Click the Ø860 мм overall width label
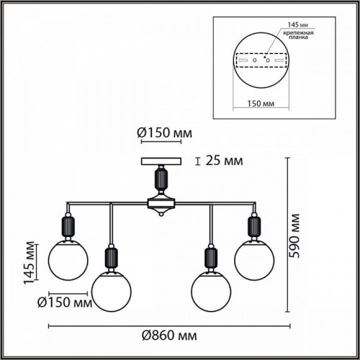[169, 335]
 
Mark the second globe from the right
[211, 288]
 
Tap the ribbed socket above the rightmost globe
[254, 225]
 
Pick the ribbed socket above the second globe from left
[112, 258]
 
